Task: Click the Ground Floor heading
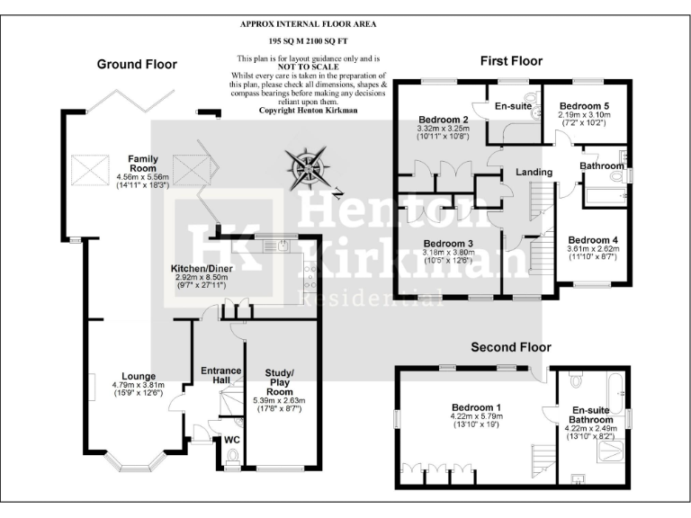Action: [x=137, y=64]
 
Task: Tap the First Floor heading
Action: [x=511, y=61]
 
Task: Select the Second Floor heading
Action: [x=511, y=347]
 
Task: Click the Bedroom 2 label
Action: [x=444, y=120]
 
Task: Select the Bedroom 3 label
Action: [x=448, y=244]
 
